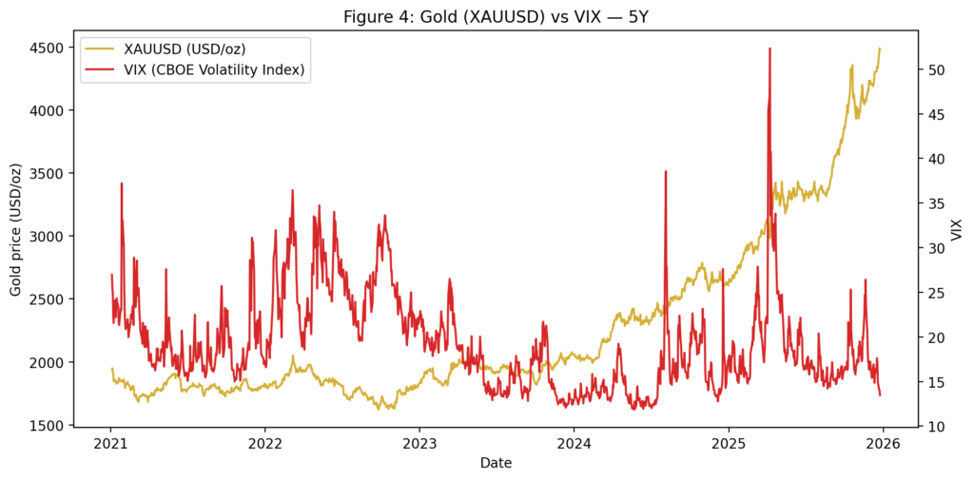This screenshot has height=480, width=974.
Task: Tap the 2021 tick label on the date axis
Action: (110, 443)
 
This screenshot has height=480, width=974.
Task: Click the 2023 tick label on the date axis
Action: (419, 443)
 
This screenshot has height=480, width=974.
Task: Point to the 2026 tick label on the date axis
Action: (884, 443)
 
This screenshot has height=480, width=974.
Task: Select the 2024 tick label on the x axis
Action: (574, 443)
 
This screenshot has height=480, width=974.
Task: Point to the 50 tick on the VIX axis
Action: (937, 70)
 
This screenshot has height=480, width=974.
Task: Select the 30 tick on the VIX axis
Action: (937, 248)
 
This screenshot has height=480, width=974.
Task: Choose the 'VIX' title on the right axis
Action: (956, 229)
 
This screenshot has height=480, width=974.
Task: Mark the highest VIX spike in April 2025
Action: (769, 48)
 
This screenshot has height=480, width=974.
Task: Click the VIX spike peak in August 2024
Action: (666, 172)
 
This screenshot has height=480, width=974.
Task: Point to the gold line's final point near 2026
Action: (880, 48)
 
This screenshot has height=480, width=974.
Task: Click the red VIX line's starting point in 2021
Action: (111, 275)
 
